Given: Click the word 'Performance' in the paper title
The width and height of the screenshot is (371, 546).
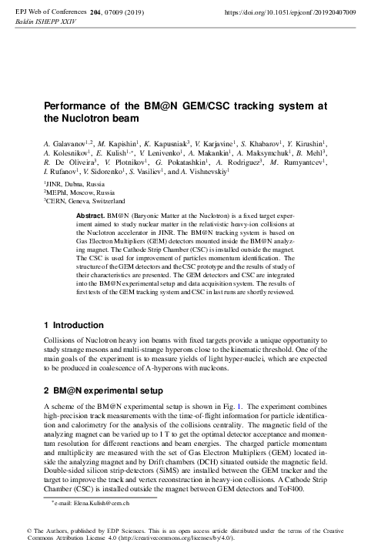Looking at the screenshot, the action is [x=78, y=106].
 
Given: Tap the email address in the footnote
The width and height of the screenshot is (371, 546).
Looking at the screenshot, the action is [x=92, y=503].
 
